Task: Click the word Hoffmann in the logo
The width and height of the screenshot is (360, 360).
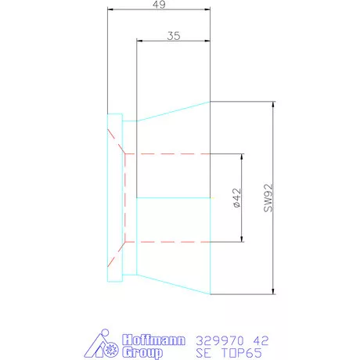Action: [154, 340]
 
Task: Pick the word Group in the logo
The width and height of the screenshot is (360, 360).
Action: [142, 353]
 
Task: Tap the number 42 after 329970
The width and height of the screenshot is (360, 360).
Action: [261, 340]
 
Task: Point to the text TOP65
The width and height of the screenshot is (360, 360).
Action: [241, 354]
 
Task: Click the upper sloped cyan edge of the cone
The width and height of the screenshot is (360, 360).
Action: [172, 110]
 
